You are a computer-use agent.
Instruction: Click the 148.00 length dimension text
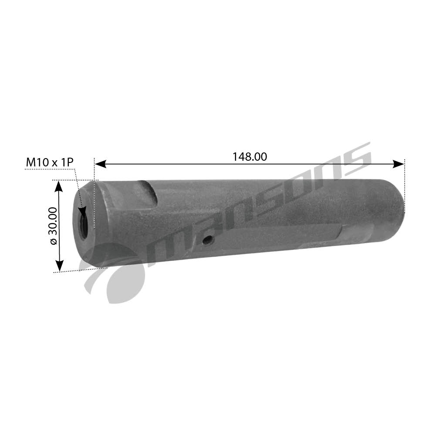tap(250, 157)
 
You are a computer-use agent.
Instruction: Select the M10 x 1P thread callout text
tap(50, 162)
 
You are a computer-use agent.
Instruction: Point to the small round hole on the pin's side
tap(208, 239)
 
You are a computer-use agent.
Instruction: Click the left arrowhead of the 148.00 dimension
tap(100, 164)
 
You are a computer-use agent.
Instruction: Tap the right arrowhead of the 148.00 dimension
tap(398, 164)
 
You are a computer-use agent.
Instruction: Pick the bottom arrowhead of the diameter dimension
tap(59, 266)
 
